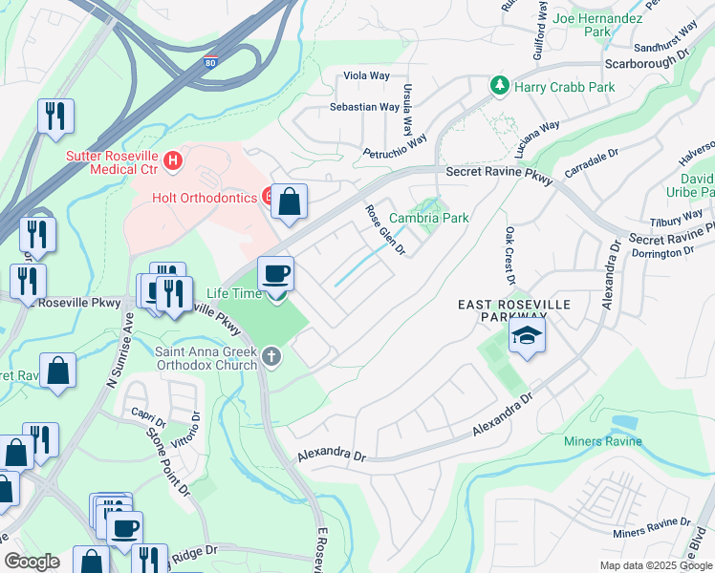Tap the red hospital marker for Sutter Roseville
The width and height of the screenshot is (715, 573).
coord(173,159)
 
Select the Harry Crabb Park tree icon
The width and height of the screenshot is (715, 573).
coord(499,87)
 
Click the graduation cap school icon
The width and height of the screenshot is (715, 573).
coord(526,336)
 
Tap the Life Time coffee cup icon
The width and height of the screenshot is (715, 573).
coord(275,275)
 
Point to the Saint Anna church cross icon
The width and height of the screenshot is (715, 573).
coord(272,357)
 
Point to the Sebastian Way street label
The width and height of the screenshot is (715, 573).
coord(364,107)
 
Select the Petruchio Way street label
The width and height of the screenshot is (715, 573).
coord(393,147)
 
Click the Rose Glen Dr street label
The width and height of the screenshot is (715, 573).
coord(386,230)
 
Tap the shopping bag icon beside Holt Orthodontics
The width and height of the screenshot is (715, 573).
coord(290,202)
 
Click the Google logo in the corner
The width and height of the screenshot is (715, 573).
coord(32,562)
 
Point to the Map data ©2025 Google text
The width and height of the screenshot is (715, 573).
coord(655,565)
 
